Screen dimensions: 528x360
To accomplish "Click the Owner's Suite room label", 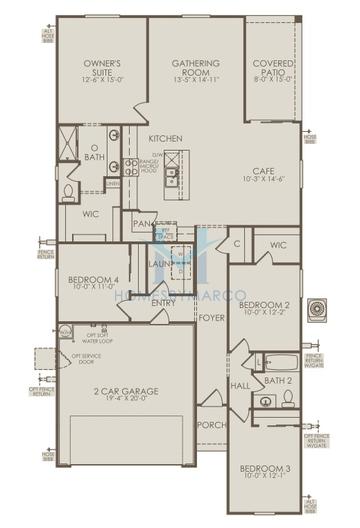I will click(x=102, y=68).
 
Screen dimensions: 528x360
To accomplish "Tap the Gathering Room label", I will click(x=196, y=68).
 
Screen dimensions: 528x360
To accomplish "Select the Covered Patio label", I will click(x=273, y=68).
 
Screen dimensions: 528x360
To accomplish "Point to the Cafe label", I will click(x=263, y=170).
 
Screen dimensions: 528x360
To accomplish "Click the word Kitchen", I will click(x=165, y=137).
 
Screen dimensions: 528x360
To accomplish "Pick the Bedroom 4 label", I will click(x=94, y=280).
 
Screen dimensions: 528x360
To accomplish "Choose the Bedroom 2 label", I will click(x=265, y=303).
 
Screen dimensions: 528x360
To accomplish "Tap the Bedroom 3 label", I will click(x=266, y=467).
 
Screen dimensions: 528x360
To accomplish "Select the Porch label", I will click(x=211, y=424).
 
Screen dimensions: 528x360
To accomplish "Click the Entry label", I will click(x=163, y=302).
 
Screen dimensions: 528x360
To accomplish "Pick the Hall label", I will click(x=240, y=385).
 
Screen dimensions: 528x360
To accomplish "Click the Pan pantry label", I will click(x=141, y=224).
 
